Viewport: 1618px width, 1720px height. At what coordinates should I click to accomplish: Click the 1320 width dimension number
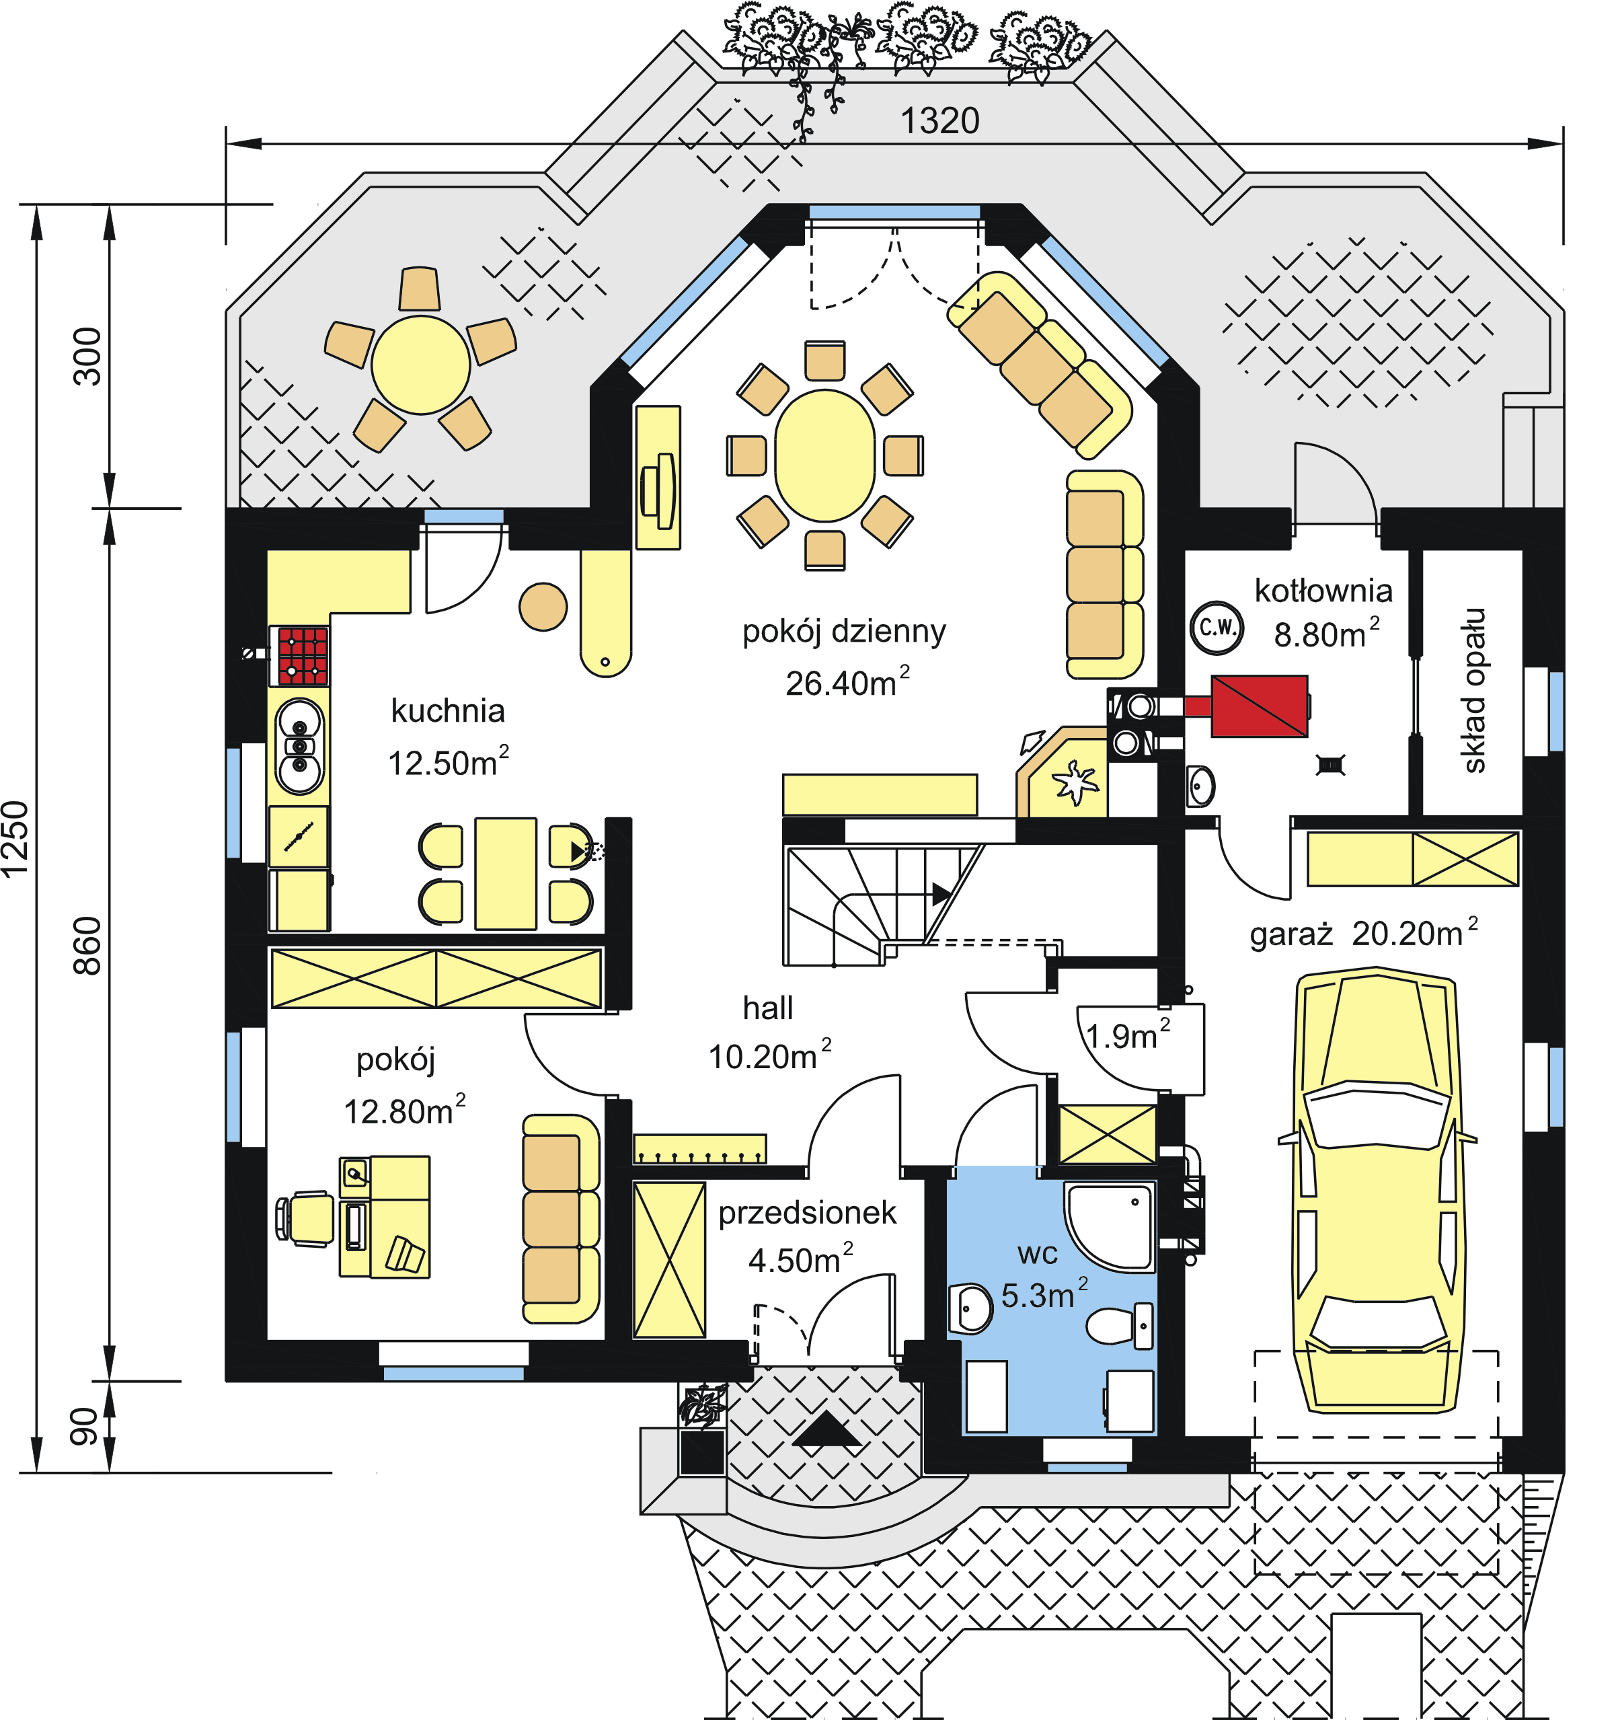(x=939, y=121)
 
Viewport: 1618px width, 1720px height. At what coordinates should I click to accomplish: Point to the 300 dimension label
(x=87, y=356)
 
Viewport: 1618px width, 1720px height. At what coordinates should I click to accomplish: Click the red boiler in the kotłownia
(x=1258, y=706)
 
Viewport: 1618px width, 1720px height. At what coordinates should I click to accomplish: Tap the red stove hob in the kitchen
(x=302, y=656)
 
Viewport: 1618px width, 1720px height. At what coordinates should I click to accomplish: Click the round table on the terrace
(x=420, y=365)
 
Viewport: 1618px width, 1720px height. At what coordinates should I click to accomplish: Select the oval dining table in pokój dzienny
(x=824, y=456)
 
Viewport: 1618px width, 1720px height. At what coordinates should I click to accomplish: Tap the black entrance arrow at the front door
(x=826, y=1429)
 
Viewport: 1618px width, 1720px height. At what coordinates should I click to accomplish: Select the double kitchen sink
(x=299, y=746)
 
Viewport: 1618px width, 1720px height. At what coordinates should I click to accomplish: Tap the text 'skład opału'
(x=1473, y=690)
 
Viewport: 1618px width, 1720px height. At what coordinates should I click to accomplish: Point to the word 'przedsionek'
(x=807, y=1213)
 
